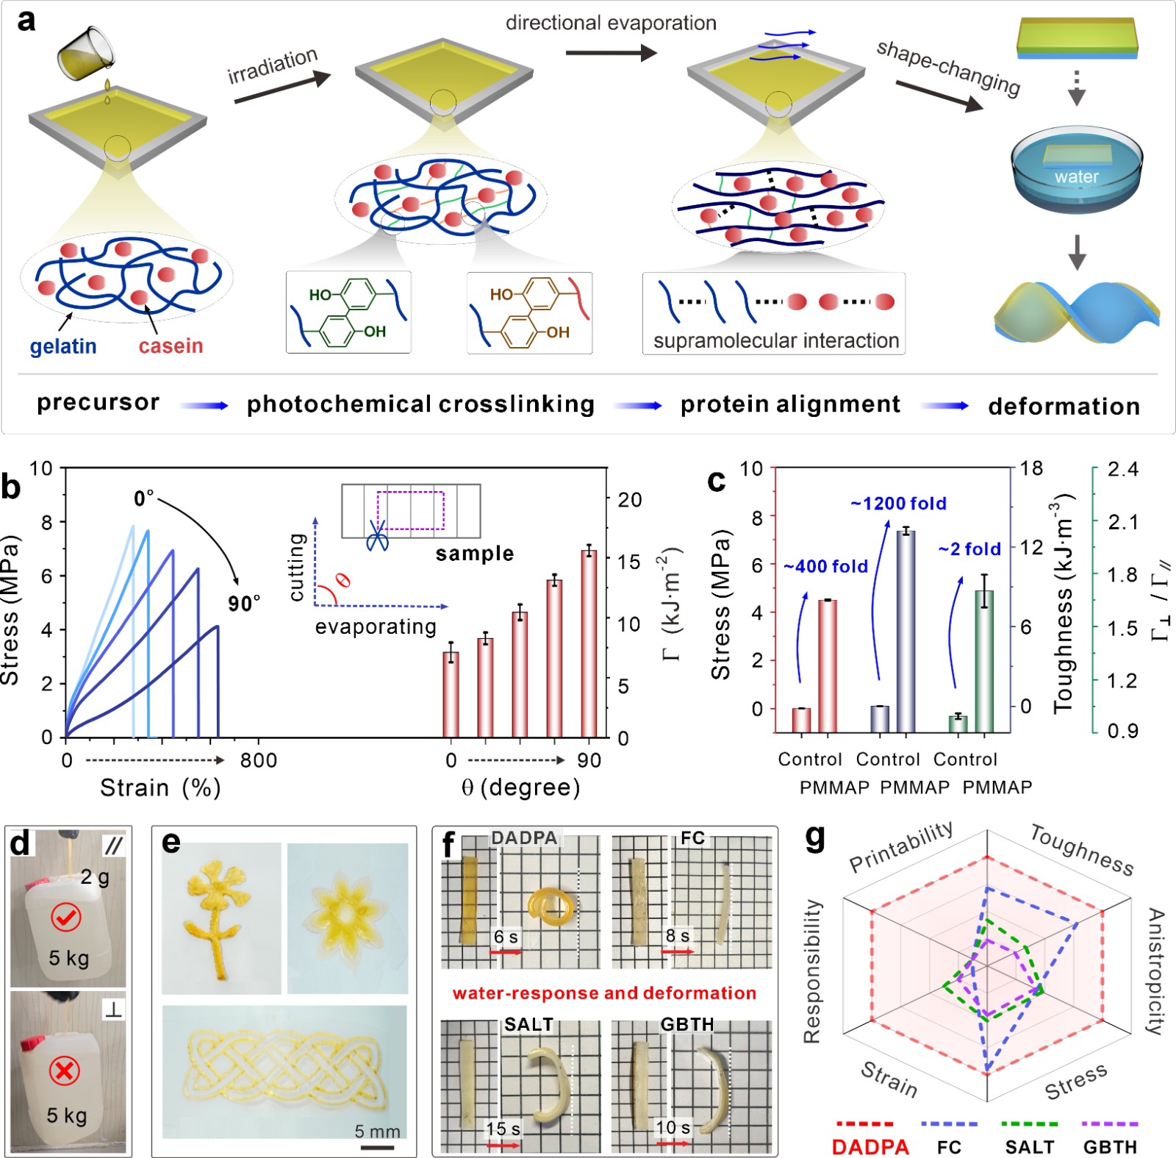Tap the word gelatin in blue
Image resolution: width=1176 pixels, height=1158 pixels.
[x=63, y=346]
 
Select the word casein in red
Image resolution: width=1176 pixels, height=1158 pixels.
[x=171, y=346]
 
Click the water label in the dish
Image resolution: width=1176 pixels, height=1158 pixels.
[x=1076, y=176]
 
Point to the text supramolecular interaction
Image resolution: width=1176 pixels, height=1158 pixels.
[x=775, y=341]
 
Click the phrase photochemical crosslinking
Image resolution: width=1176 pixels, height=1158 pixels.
[x=420, y=404]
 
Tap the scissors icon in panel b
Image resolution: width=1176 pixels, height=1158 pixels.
[x=377, y=537]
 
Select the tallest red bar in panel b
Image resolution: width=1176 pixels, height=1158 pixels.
[x=589, y=643]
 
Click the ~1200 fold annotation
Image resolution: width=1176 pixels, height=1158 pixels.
[x=898, y=504]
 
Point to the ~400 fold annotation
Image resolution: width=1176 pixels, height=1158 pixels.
[x=825, y=566]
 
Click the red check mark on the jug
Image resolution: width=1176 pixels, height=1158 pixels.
[x=65, y=917]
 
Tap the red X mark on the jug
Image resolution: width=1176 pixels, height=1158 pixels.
[x=64, y=1071]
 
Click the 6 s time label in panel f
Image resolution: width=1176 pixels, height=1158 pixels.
[x=505, y=937]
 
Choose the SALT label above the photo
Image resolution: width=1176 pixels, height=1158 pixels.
[x=528, y=1025]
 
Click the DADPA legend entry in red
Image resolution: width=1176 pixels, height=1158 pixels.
[x=870, y=1147]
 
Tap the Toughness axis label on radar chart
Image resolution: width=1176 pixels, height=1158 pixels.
[x=1081, y=850]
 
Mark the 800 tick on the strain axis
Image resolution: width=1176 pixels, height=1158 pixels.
[x=259, y=760]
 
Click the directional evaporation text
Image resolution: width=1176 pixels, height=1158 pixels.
[x=611, y=23]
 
